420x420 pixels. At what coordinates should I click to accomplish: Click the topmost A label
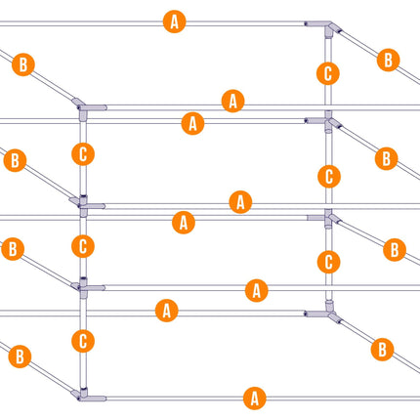click(175, 21)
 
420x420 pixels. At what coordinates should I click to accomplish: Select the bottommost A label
click(255, 399)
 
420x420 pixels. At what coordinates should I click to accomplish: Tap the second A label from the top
click(233, 101)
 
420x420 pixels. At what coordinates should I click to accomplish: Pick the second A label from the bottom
click(167, 311)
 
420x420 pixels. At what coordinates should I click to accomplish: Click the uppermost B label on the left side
click(23, 64)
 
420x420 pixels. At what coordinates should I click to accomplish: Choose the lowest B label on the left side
click(20, 357)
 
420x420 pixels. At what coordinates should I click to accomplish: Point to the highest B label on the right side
click(388, 60)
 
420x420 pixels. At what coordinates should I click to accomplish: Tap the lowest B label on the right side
click(382, 350)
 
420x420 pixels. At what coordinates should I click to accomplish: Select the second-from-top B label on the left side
click(15, 160)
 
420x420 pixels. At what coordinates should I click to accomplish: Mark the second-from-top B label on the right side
click(387, 158)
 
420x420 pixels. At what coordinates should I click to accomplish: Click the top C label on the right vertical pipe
click(328, 73)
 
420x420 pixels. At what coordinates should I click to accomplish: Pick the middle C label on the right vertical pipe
click(329, 177)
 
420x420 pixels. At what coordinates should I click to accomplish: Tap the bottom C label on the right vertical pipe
click(329, 262)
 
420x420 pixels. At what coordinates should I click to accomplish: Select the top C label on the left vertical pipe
click(83, 154)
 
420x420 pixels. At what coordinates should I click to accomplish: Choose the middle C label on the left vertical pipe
click(83, 246)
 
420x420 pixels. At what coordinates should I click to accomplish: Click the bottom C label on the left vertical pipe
click(83, 341)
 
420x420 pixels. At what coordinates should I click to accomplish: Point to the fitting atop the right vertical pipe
click(328, 26)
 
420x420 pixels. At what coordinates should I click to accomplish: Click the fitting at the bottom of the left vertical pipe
click(84, 396)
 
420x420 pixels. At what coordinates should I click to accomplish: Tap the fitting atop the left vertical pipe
click(84, 108)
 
